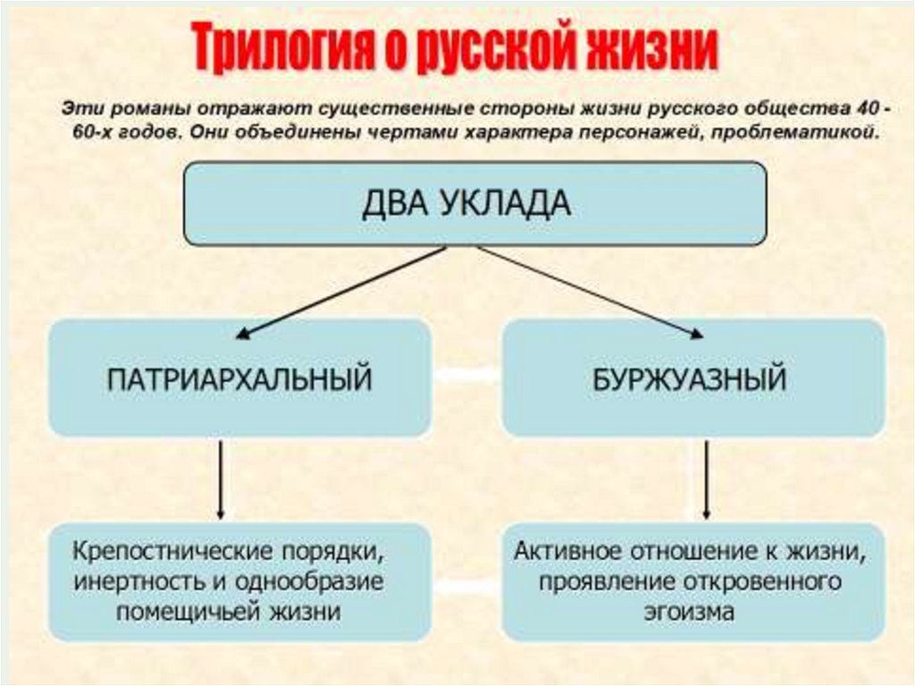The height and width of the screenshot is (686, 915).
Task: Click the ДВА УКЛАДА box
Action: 474,203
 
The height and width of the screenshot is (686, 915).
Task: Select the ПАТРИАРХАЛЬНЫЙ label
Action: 239,379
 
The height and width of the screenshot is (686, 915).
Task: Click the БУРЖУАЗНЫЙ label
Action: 689,379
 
